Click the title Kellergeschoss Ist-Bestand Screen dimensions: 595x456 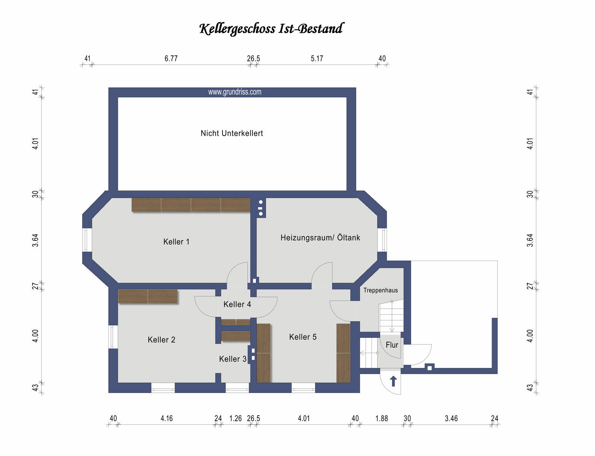271,29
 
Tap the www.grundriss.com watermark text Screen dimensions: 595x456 235,92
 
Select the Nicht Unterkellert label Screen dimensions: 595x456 232,133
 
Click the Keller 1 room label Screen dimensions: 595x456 176,242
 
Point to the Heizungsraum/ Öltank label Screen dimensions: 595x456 320,237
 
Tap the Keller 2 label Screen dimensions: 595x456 161,340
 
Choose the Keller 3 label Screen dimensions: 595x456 233,359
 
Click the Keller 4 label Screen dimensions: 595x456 237,304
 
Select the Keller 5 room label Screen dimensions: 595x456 303,337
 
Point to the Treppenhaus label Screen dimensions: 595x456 380,290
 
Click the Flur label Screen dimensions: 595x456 392,345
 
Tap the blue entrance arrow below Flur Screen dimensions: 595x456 393,381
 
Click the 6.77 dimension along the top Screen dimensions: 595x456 171,59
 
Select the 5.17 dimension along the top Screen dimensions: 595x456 317,59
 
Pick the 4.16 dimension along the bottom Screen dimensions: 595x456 167,418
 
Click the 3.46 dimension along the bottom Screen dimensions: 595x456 451,418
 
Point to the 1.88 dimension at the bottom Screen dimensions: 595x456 382,418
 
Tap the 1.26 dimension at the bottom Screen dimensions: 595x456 235,418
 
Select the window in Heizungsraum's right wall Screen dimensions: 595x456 382,240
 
